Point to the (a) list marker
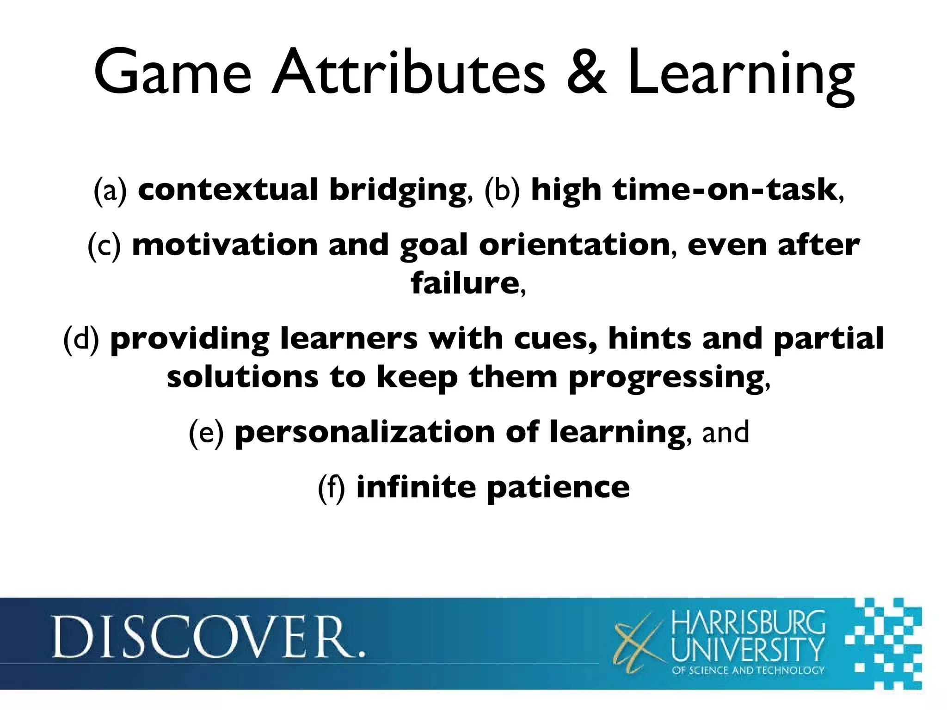110,190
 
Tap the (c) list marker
104,245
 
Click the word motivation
225,245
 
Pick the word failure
464,283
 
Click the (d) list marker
81,339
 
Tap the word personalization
365,432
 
